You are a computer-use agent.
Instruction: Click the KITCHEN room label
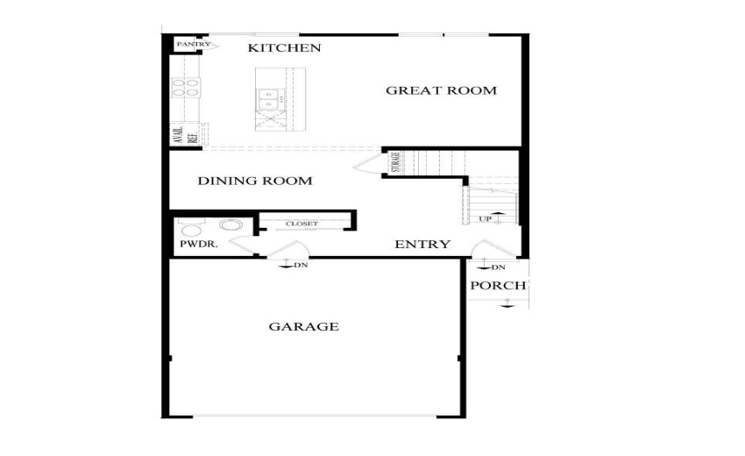click(284, 47)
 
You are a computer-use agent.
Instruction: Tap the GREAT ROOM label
click(441, 90)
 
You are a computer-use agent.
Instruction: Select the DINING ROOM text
click(254, 182)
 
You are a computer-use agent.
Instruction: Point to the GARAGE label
click(303, 327)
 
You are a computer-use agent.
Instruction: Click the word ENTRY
click(422, 245)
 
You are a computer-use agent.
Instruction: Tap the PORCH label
click(498, 286)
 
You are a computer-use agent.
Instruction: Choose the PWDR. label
click(198, 245)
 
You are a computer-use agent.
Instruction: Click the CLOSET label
click(302, 224)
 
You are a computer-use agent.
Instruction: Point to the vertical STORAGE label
click(395, 163)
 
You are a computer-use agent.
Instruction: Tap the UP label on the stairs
click(485, 217)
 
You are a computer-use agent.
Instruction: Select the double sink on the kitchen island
click(268, 102)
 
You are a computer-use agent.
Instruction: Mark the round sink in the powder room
click(231, 225)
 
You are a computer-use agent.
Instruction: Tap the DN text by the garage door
click(301, 265)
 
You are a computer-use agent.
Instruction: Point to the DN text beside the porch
click(498, 267)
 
